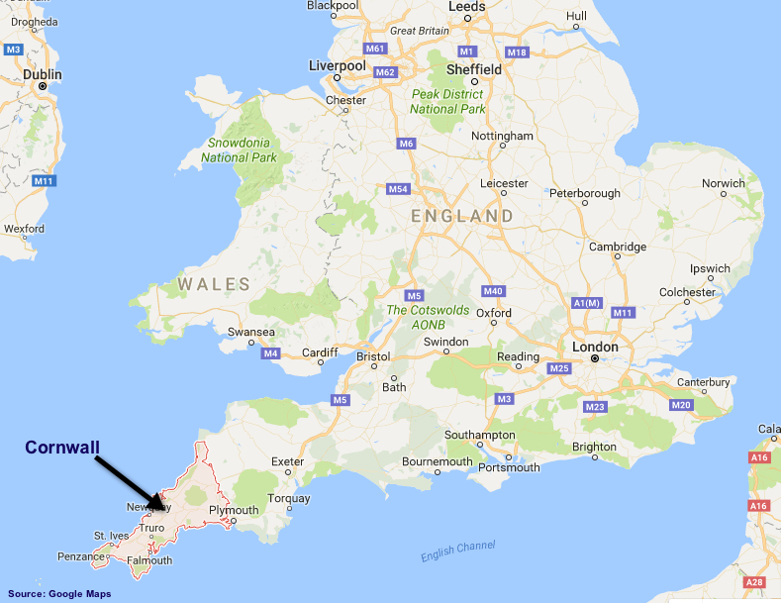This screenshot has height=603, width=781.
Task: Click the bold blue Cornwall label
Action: pos(62,448)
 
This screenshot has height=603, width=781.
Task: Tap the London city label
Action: pos(594,347)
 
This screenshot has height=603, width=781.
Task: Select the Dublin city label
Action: pos(42,74)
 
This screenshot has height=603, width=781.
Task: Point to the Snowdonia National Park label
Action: pos(239,150)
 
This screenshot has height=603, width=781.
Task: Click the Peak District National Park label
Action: pos(447,101)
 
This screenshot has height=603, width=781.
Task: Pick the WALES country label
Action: pos(214,284)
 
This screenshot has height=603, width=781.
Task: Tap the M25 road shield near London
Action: pos(559,368)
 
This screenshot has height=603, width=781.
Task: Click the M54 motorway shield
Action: pos(398,188)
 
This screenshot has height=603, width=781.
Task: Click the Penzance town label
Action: pos(79,556)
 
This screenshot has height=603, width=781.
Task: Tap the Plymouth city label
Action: pos(234,511)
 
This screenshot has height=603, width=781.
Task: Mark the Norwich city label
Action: pos(723,183)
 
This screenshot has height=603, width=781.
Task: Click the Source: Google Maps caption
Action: pos(59,594)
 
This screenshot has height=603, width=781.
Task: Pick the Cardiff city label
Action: pos(320,352)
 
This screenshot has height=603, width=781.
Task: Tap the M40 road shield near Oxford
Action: pos(494,290)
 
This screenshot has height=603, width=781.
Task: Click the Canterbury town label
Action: pos(703,381)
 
